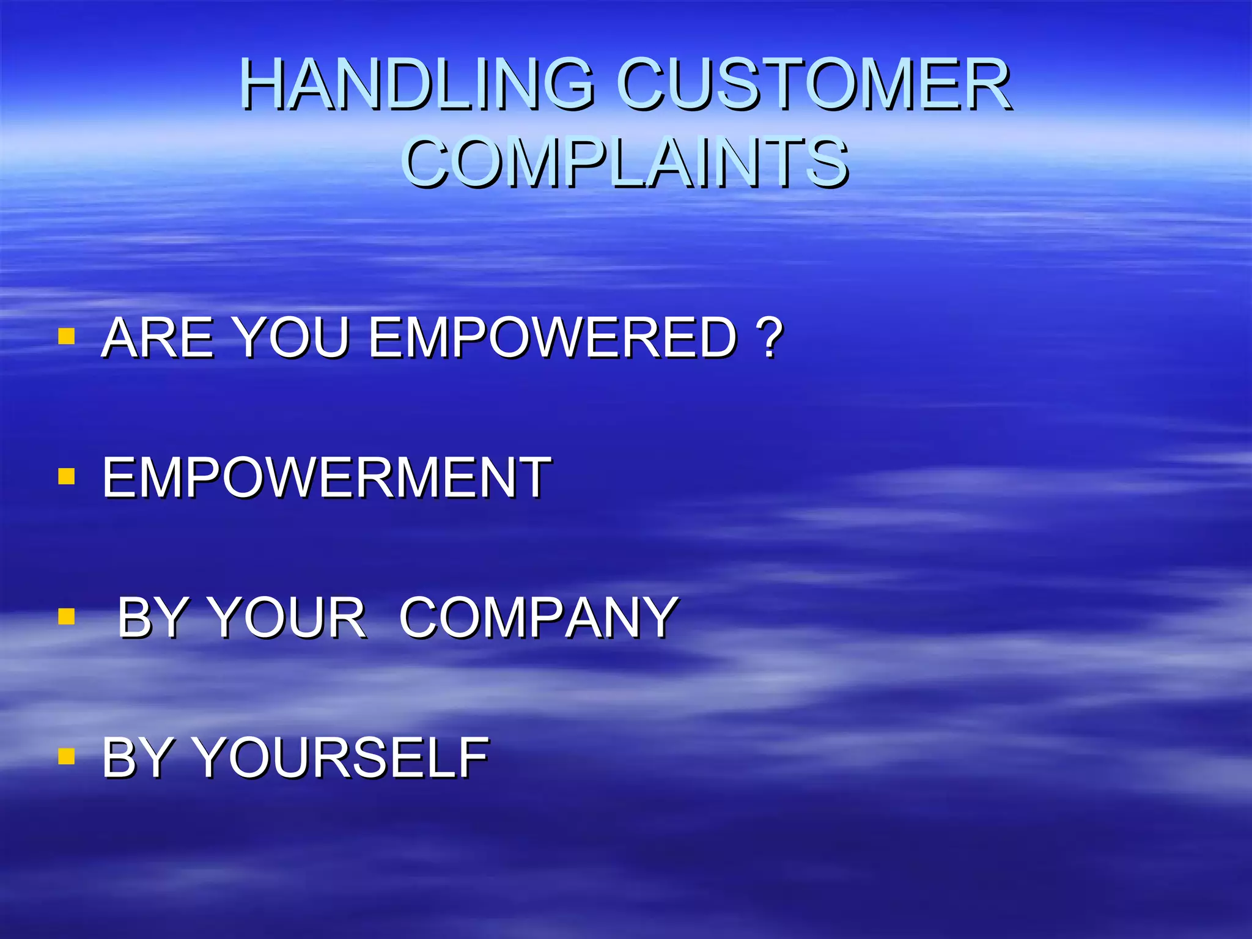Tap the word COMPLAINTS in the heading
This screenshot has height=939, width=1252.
(x=625, y=162)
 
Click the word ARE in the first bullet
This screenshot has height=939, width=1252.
(x=159, y=337)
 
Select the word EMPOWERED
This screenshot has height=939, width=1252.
(x=553, y=337)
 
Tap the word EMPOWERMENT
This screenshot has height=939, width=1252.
(x=326, y=478)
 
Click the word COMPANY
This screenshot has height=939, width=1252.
(x=538, y=618)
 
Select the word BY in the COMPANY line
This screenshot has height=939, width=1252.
(x=153, y=618)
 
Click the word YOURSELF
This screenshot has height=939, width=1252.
(x=342, y=758)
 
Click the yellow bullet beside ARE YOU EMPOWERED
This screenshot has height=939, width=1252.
(x=66, y=336)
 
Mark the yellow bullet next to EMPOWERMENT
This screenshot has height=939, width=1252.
(x=66, y=476)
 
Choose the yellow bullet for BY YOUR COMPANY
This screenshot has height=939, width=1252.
(x=66, y=616)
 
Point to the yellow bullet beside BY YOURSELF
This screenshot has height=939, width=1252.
(x=66, y=757)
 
